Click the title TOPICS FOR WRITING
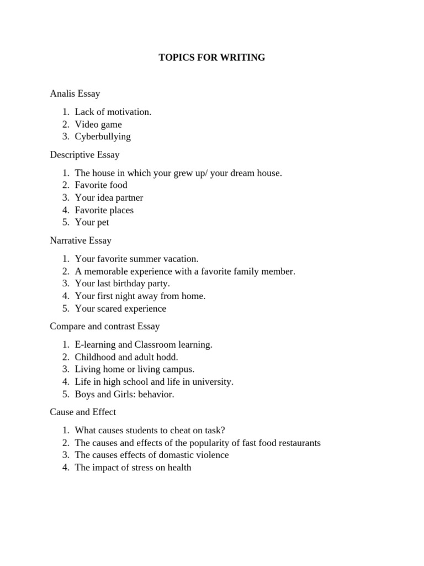point(212,57)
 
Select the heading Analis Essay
point(75,94)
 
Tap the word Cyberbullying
point(103,137)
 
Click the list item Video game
point(98,124)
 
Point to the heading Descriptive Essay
point(84,155)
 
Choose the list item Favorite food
point(101,185)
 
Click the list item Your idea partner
point(109,197)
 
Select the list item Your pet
point(92,222)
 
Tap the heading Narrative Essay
point(81,240)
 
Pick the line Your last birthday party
point(122,284)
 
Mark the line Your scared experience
point(120,308)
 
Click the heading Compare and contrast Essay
point(105,327)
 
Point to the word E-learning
point(96,345)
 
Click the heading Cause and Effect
point(83,412)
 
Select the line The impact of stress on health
point(133,468)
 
